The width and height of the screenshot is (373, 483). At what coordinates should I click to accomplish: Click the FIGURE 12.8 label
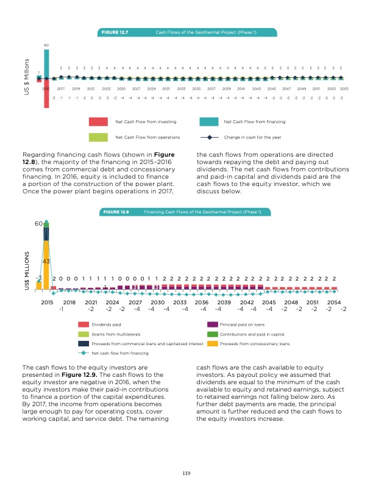116,212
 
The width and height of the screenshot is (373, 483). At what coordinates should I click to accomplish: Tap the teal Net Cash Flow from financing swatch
209,121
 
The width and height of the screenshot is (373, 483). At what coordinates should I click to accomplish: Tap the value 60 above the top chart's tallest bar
46,46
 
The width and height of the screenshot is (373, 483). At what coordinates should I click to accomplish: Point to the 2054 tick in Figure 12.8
334,301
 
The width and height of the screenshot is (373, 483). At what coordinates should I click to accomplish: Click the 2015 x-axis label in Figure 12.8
47,301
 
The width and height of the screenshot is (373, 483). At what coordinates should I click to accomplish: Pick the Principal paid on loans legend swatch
213,325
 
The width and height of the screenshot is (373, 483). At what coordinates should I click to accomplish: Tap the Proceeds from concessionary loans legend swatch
213,343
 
